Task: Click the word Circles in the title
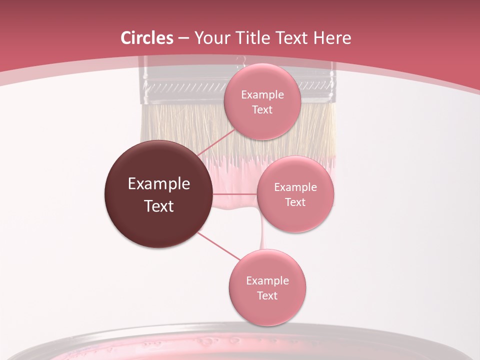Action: pos(147,38)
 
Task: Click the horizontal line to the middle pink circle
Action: pos(235,194)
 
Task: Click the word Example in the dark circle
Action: pos(159,184)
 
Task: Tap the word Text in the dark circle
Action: pos(159,206)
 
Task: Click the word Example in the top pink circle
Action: pos(262,95)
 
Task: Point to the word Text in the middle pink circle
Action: pos(295,202)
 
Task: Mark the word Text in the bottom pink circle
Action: pos(267,295)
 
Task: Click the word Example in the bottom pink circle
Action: pos(267,280)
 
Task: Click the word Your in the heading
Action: pos(211,38)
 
